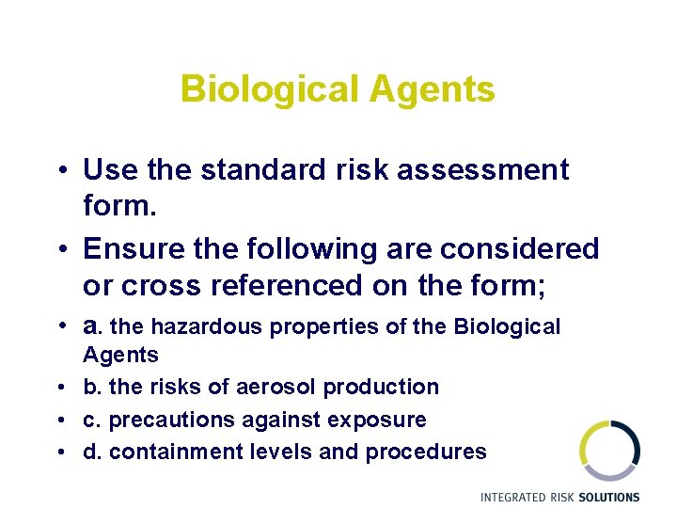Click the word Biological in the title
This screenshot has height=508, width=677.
[269, 90]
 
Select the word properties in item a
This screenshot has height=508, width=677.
[324, 327]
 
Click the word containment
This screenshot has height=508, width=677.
[175, 452]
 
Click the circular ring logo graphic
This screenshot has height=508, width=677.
[609, 451]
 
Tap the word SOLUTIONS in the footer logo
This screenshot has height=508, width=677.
[603, 497]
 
